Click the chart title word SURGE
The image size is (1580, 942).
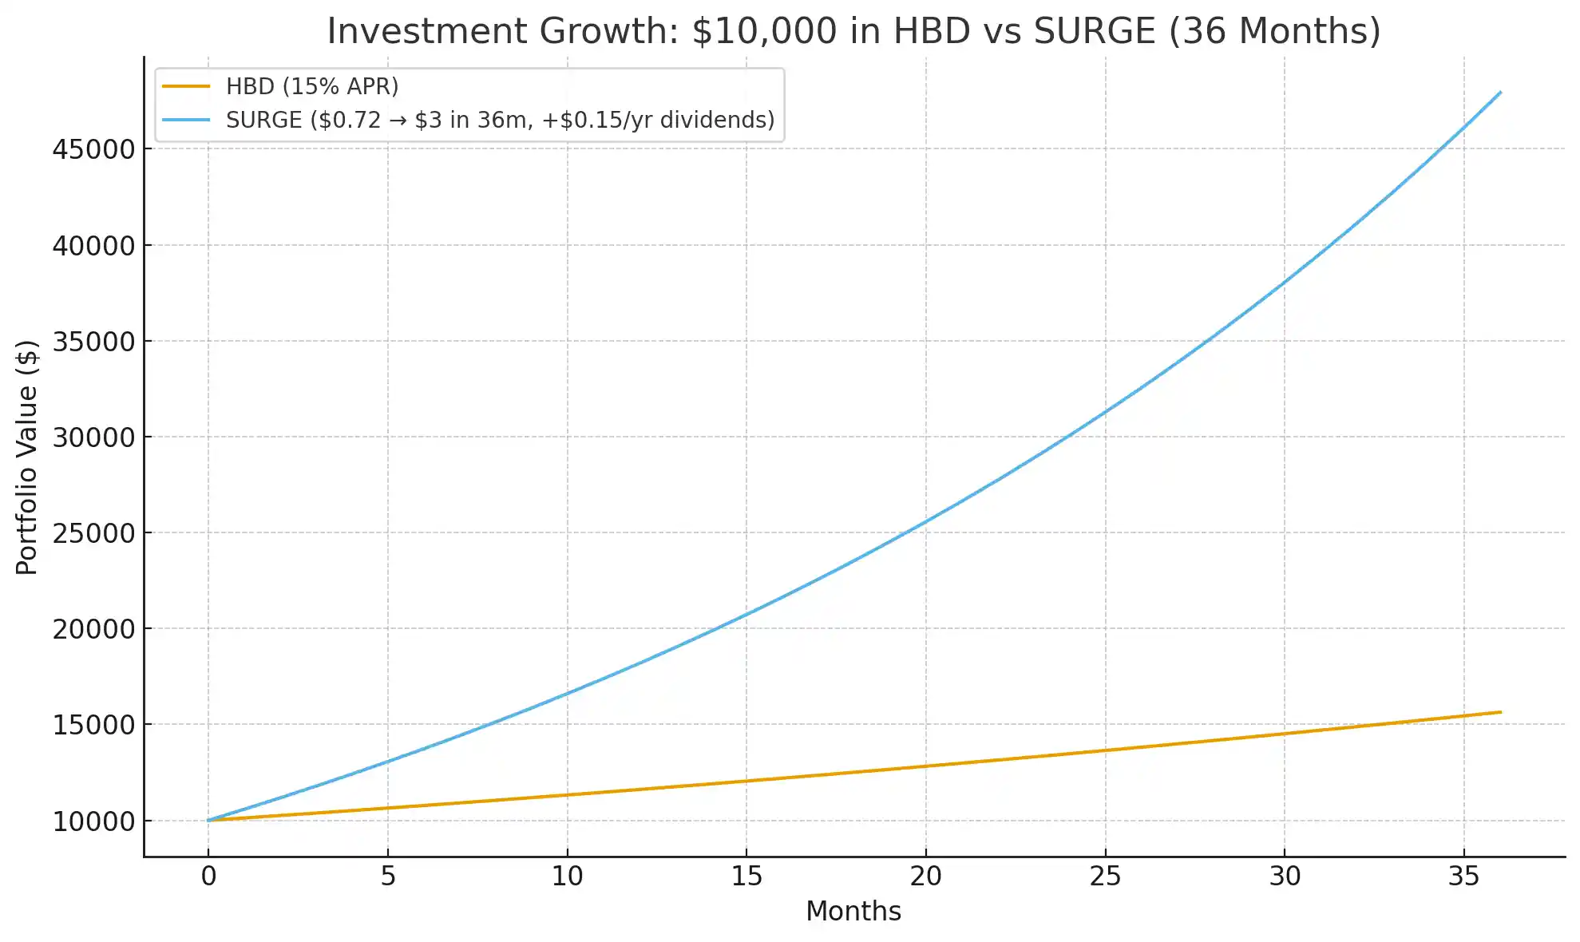(x=1095, y=31)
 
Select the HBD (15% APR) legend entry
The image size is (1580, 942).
(x=311, y=86)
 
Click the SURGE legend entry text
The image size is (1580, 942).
(x=500, y=120)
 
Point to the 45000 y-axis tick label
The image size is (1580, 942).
(x=94, y=149)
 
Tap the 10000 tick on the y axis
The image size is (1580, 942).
(x=94, y=821)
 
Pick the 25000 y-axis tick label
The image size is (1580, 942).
(x=94, y=533)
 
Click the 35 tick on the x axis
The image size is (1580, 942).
(x=1463, y=877)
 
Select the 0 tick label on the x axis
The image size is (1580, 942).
(x=208, y=877)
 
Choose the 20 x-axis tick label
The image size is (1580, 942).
(x=925, y=877)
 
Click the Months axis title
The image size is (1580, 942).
(x=853, y=911)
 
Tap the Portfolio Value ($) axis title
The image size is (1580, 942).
(x=27, y=457)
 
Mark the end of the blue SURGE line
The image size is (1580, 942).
(x=1500, y=93)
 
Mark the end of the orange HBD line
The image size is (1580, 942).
(x=1500, y=712)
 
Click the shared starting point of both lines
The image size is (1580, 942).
(x=208, y=820)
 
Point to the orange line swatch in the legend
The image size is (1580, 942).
(x=186, y=86)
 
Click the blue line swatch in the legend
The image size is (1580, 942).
(x=186, y=120)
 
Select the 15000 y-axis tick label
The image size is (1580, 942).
(x=94, y=725)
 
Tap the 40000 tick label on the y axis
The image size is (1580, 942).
(x=94, y=246)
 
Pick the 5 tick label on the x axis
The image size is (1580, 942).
(x=388, y=877)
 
